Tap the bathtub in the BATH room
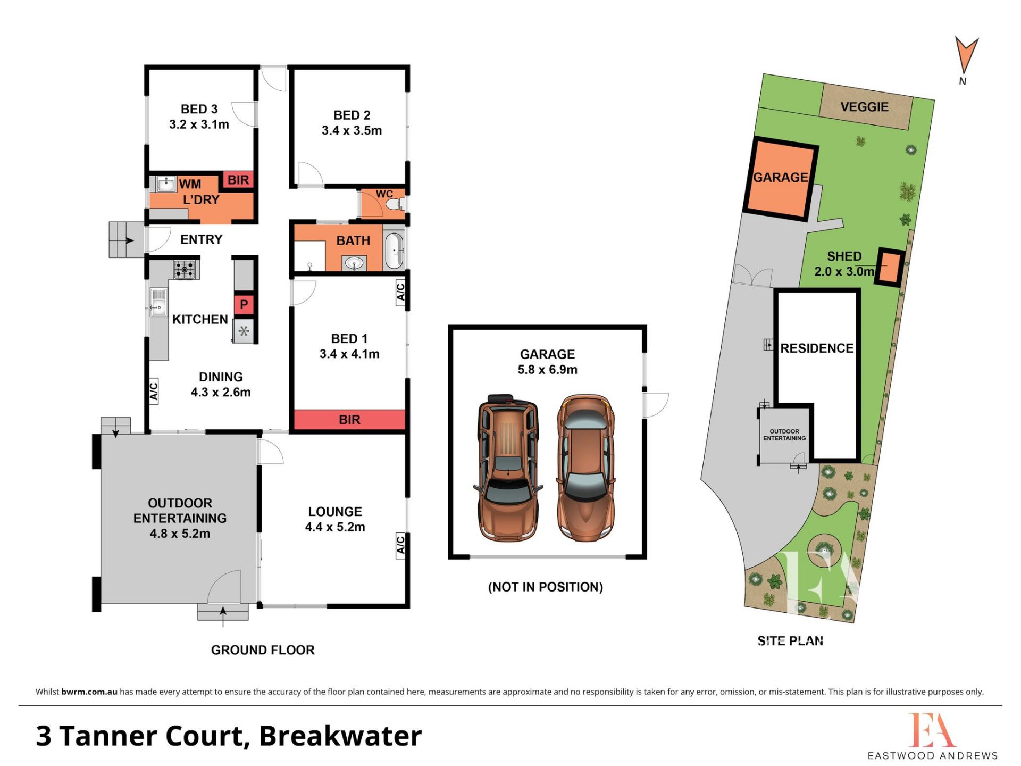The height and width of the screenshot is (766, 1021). click(x=394, y=251)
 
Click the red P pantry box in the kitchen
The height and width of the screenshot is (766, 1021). click(x=244, y=304)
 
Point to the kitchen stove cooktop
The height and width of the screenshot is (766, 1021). click(x=185, y=269)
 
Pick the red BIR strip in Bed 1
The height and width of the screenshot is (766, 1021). click(x=349, y=420)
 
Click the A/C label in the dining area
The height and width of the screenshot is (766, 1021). click(x=154, y=390)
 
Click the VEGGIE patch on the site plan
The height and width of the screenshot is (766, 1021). click(x=865, y=106)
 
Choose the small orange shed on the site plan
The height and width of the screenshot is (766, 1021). click(x=889, y=268)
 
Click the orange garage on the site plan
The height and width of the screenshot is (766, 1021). click(x=780, y=179)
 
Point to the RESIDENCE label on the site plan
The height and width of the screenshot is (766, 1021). click(x=817, y=348)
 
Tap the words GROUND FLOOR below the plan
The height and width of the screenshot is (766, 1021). click(x=263, y=650)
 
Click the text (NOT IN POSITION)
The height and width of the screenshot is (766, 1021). click(x=546, y=587)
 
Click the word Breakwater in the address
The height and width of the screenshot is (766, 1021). click(x=340, y=736)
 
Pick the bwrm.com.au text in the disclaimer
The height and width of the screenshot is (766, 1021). click(x=89, y=692)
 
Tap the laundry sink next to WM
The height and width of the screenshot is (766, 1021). click(x=166, y=184)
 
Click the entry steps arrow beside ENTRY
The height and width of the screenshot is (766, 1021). click(x=128, y=240)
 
